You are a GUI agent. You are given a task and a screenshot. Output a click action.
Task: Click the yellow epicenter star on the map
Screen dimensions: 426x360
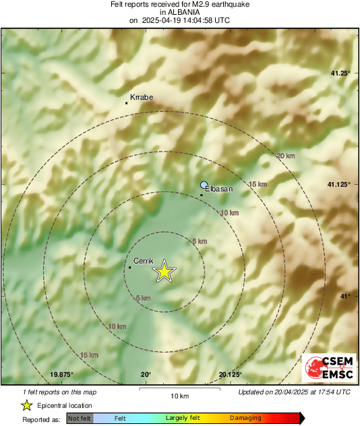[x=164, y=272]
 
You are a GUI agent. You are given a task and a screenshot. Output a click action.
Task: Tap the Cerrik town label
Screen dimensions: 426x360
[x=144, y=260]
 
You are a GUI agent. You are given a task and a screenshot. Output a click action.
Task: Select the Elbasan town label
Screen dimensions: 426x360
[x=218, y=189]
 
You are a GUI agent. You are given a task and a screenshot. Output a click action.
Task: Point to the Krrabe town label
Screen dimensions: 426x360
[x=142, y=97]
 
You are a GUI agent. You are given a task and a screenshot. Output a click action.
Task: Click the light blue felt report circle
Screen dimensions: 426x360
[x=204, y=184]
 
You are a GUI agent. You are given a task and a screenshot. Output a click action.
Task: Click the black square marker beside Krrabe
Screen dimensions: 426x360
[x=126, y=103]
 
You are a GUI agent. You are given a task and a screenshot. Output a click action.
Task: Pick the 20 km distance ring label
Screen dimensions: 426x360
[x=286, y=156]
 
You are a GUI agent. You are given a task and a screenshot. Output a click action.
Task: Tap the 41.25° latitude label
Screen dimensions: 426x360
[x=338, y=73]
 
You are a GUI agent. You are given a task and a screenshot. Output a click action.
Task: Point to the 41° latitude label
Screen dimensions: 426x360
[x=344, y=296]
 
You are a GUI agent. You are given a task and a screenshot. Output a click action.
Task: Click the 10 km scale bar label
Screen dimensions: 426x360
[x=179, y=396]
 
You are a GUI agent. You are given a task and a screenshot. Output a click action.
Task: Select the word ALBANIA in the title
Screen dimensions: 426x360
[x=179, y=12]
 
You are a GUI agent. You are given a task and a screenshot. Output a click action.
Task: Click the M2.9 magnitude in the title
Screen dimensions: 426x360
[x=202, y=4]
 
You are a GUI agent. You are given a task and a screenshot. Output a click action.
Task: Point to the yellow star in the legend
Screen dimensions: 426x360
[x=26, y=405]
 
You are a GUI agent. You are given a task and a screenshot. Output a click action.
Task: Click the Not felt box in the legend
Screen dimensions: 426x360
[x=80, y=419]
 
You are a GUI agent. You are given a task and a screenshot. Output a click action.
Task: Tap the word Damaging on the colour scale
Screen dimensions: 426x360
[x=245, y=419]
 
